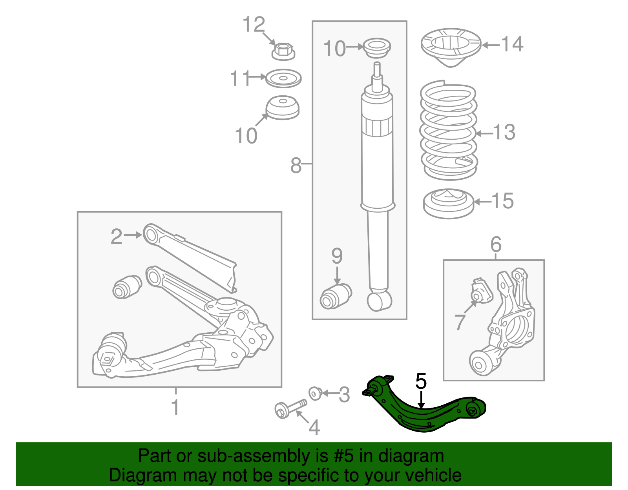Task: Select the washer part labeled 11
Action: tap(283, 78)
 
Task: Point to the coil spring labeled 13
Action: tap(448, 131)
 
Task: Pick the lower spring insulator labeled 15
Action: tap(449, 203)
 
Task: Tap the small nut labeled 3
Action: tap(316, 393)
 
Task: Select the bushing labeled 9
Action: tap(336, 296)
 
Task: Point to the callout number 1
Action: tap(175, 407)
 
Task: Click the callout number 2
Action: tap(116, 237)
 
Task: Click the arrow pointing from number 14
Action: tap(491, 45)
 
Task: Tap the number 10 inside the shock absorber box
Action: tap(334, 49)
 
